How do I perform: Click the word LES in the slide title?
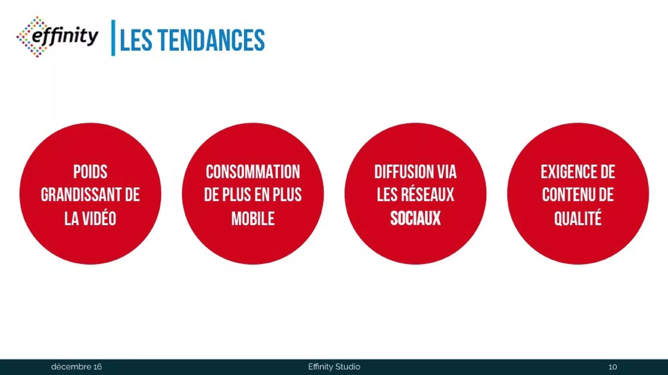(x=136, y=40)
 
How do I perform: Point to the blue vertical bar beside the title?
(x=113, y=38)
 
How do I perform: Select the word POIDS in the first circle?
(x=90, y=172)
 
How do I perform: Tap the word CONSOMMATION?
(x=253, y=172)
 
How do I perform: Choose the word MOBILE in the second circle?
(x=253, y=218)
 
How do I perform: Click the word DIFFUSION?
(x=404, y=172)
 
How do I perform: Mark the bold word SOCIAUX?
(x=415, y=218)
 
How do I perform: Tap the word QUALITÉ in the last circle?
(x=578, y=218)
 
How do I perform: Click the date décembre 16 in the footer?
(x=76, y=367)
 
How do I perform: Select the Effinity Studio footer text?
(x=334, y=367)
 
